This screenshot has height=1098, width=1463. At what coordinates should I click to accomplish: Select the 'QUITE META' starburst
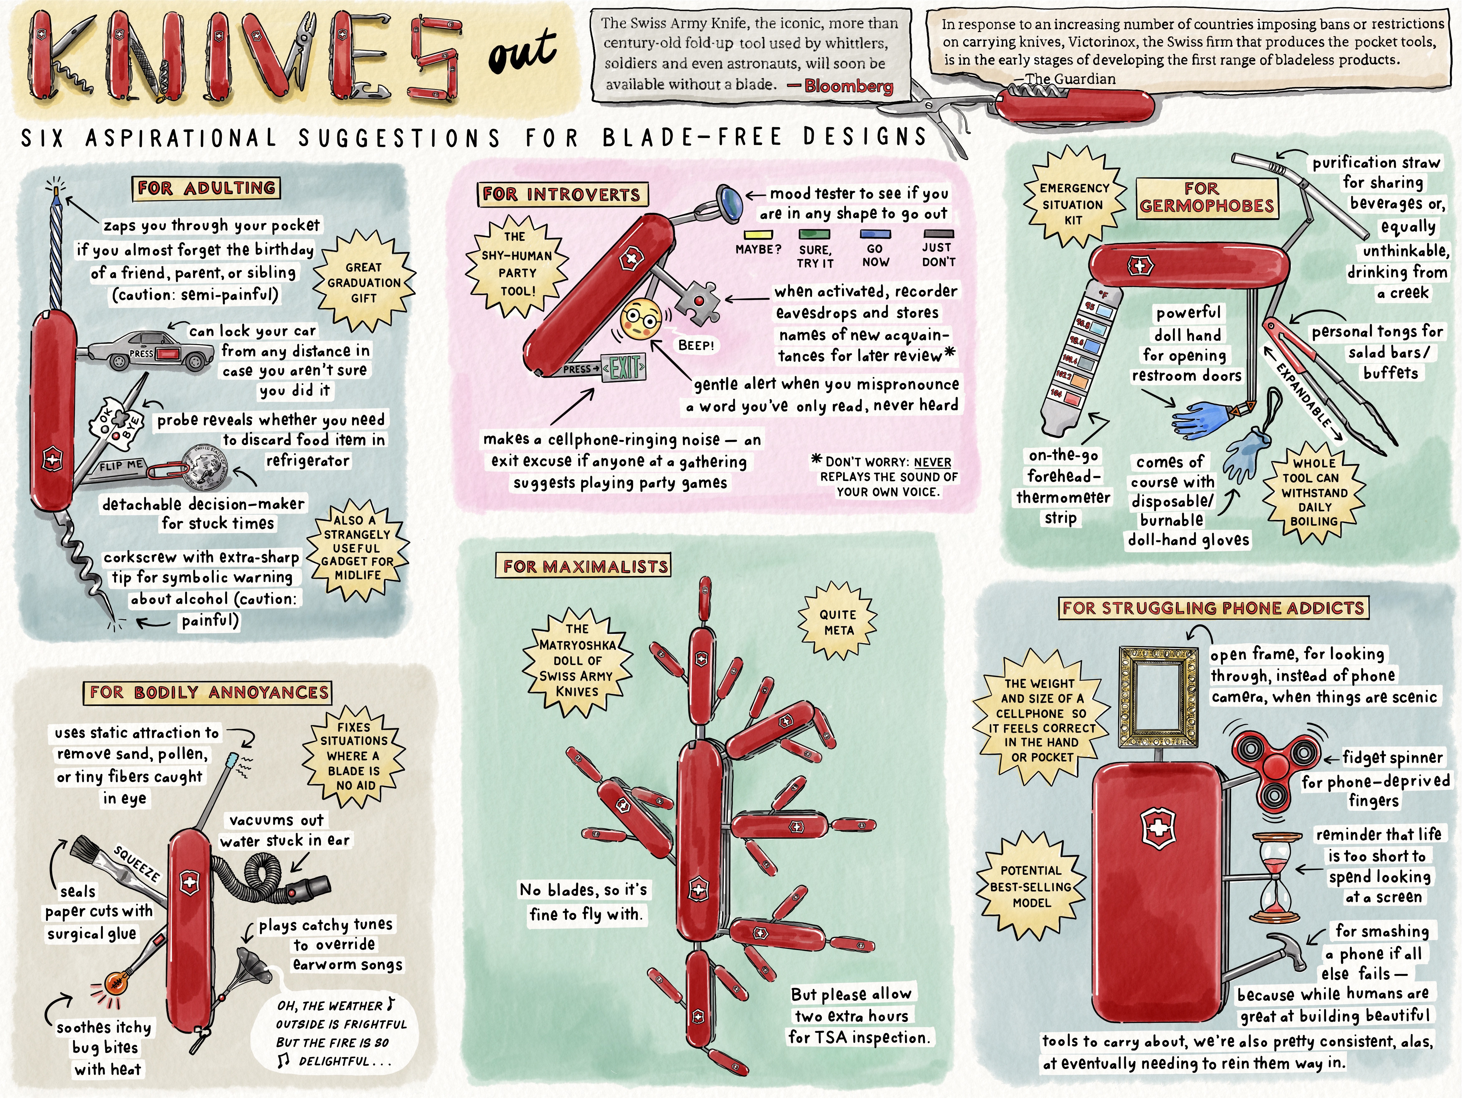838,622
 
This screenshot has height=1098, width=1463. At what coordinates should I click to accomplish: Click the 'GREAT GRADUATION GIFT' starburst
364,282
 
